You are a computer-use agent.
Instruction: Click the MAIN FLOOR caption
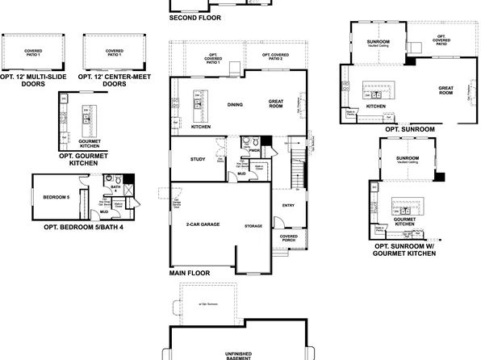[190, 274]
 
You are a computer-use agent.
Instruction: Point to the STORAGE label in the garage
[253, 227]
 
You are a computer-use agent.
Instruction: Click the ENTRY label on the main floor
[288, 206]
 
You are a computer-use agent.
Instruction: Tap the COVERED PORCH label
[288, 239]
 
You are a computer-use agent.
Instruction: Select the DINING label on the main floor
[235, 105]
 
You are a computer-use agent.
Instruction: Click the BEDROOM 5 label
[56, 196]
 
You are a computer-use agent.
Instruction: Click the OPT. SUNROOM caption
[409, 129]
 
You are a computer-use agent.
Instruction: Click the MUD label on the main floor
[240, 174]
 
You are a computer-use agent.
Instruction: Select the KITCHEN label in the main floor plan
[201, 127]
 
